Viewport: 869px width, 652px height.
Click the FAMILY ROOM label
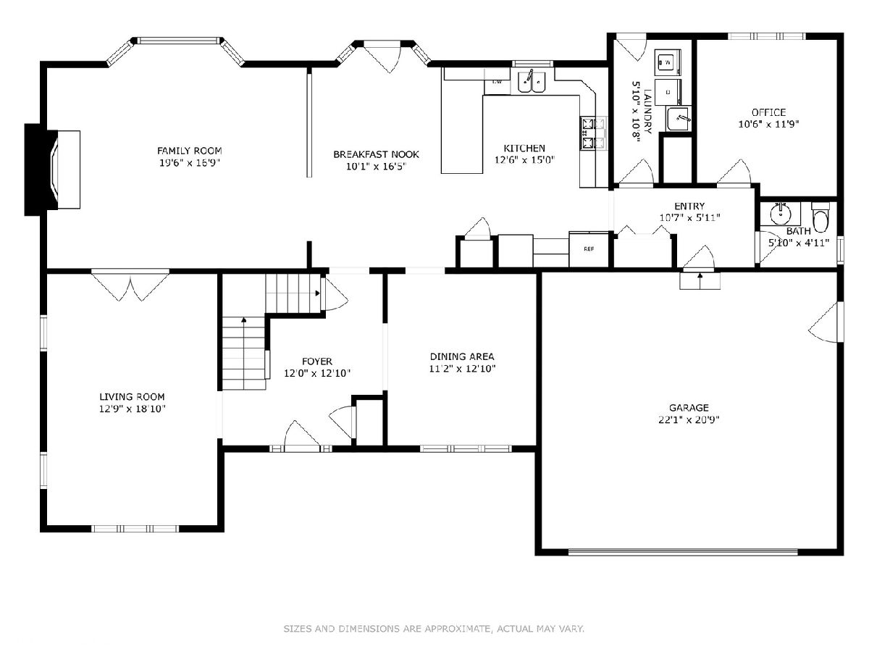tap(189, 151)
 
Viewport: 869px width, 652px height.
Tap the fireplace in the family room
tap(53, 170)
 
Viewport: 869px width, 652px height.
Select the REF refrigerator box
tap(589, 249)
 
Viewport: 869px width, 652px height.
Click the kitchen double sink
tap(532, 82)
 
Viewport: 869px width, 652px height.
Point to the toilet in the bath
tap(820, 217)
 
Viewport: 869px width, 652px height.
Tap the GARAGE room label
tap(689, 407)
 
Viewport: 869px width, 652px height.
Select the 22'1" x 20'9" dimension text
tap(689, 419)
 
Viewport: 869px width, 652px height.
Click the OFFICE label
tap(768, 112)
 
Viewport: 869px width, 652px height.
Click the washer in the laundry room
tap(668, 62)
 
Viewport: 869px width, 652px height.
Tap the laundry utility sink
tap(678, 118)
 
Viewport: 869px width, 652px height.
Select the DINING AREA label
tap(462, 356)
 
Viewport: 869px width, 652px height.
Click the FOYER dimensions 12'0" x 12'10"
tap(317, 373)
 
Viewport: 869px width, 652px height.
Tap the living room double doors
tap(130, 285)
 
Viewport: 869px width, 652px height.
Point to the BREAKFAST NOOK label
tap(376, 154)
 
